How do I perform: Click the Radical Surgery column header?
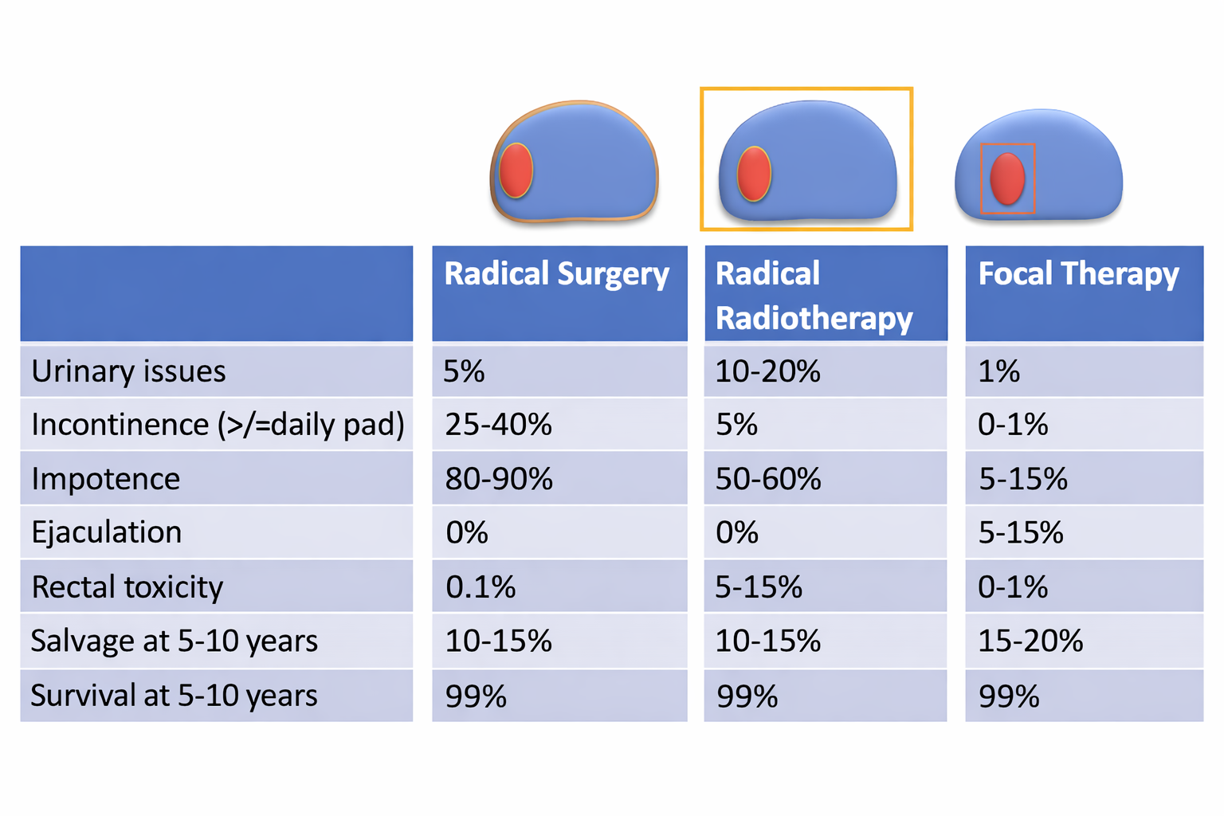point(556,275)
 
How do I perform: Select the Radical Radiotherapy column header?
point(814,296)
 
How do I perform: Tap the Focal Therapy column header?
point(1078,275)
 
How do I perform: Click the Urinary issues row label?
point(129,371)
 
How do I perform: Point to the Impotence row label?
point(106,479)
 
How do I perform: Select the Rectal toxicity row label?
point(127,587)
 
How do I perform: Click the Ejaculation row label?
point(107,532)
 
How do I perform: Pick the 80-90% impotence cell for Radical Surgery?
point(499,479)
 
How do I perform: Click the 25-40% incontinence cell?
point(498,425)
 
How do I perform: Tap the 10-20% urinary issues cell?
point(767,371)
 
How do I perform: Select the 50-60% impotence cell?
point(768,479)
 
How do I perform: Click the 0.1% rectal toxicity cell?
point(481,587)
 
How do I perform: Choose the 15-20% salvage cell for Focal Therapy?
point(1030,641)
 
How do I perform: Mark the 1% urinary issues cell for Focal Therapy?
point(999,371)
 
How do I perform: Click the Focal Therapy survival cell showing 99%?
point(1009,696)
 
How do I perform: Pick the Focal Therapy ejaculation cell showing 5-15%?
point(1021,532)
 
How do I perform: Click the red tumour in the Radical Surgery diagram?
point(516,171)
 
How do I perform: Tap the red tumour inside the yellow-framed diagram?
point(754,174)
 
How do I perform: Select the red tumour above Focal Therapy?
point(1007,178)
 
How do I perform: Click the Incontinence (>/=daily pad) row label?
point(218,425)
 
